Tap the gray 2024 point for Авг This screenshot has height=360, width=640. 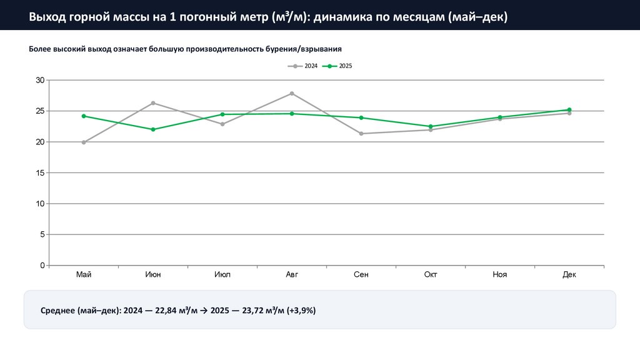292,93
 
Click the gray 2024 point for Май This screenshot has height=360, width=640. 84,142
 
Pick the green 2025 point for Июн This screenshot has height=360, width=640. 153,129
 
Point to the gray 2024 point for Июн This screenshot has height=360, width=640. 153,103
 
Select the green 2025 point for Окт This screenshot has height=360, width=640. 431,126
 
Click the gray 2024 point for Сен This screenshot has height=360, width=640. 361,134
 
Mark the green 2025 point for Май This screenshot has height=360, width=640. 84,116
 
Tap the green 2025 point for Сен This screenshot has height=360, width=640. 361,117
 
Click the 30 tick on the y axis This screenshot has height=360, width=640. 40,80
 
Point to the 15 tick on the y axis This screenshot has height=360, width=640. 40,173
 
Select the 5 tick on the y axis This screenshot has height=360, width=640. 42,235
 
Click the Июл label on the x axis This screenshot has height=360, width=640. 222,274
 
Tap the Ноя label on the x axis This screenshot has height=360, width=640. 500,274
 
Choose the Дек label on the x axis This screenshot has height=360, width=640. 569,274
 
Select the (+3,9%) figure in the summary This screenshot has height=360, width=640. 301,311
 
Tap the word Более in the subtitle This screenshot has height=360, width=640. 42,48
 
